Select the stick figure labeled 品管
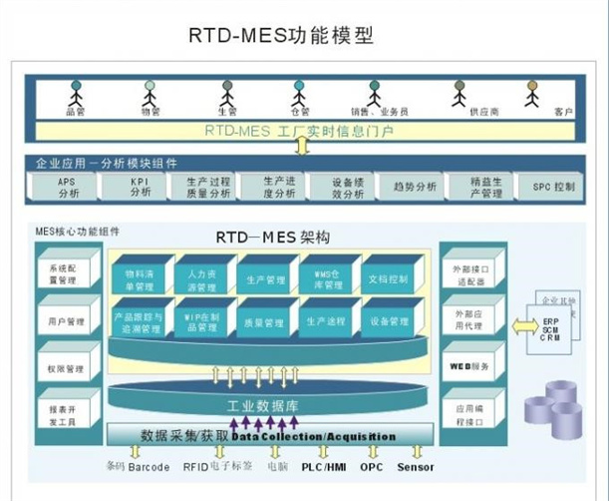75,97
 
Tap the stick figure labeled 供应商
459,97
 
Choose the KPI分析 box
139,187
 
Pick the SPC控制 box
553,187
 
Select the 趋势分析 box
414,187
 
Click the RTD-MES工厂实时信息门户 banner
299,131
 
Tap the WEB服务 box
471,366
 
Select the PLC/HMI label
324,466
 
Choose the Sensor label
416,466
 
